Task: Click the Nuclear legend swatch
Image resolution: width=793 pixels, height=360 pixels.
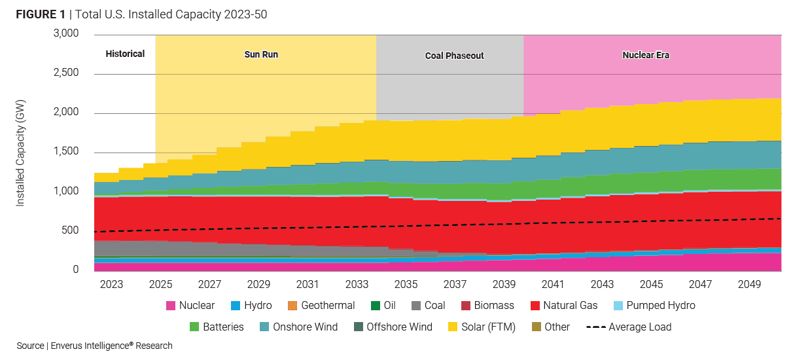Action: (170, 306)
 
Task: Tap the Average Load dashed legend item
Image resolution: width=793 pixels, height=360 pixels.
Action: (629, 327)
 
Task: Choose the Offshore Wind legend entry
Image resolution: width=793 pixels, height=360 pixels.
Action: (393, 327)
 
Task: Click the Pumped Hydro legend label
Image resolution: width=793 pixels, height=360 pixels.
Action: (661, 306)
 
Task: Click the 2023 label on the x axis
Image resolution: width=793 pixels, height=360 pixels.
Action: (111, 285)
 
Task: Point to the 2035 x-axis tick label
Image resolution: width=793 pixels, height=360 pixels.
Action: (406, 285)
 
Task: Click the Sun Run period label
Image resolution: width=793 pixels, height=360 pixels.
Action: (261, 55)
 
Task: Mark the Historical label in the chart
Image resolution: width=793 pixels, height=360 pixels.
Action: (125, 54)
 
